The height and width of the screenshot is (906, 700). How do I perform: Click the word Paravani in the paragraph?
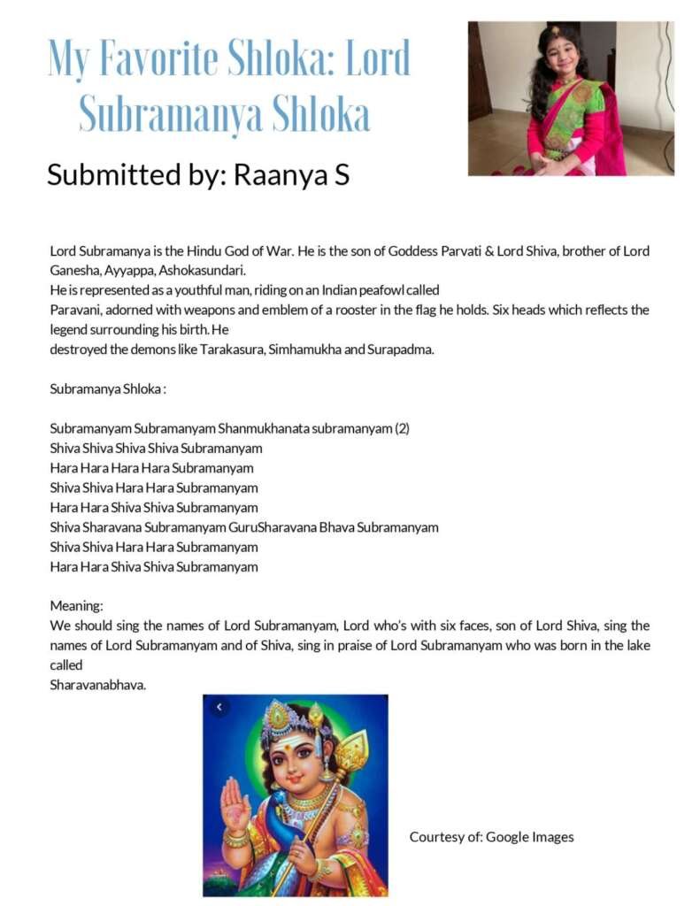pyautogui.click(x=75, y=310)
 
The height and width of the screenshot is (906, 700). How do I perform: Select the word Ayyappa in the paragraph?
pyautogui.click(x=134, y=271)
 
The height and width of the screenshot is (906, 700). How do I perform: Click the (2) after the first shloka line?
pyautogui.click(x=402, y=428)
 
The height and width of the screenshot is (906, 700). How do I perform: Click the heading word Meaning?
pyautogui.click(x=76, y=606)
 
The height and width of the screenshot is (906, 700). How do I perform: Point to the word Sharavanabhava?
pyautogui.click(x=97, y=684)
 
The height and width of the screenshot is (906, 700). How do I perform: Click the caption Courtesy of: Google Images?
pyautogui.click(x=491, y=836)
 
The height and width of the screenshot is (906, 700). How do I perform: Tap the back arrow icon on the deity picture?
pyautogui.click(x=219, y=707)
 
